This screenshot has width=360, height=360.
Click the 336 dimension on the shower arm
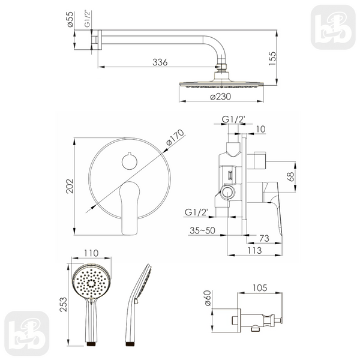(x=160, y=62)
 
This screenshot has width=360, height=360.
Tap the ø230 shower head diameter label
(x=220, y=97)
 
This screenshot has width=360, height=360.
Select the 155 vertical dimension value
(x=272, y=59)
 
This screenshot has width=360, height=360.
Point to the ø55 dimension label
(x=70, y=20)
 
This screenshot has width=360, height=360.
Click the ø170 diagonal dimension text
(x=175, y=137)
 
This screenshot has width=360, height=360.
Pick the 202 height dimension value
(x=70, y=186)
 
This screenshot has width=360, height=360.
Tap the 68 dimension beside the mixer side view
(x=290, y=176)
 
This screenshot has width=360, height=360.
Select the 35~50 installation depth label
(x=203, y=230)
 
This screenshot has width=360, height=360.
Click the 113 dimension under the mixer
(x=254, y=250)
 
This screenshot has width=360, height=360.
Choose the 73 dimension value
(x=264, y=238)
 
